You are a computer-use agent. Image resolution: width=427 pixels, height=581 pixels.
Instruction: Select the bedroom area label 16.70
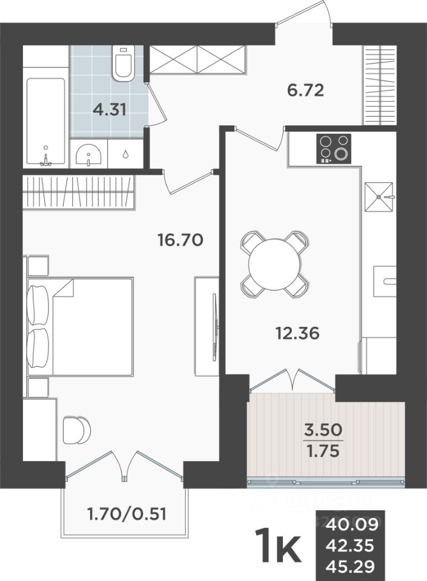[x=179, y=240]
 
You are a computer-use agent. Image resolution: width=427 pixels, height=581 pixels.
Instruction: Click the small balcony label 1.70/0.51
[x=127, y=514]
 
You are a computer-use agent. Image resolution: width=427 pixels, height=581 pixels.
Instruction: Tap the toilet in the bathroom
[x=123, y=64]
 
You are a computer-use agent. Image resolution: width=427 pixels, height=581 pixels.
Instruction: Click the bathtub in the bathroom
[x=45, y=121]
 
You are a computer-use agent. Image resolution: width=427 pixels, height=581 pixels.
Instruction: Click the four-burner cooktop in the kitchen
[x=334, y=147]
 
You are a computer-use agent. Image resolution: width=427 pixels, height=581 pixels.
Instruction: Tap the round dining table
[x=274, y=264]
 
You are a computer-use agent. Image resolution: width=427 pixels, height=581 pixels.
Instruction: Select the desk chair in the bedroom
[x=77, y=430]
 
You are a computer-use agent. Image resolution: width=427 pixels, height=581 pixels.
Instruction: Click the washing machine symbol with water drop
[x=125, y=154]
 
